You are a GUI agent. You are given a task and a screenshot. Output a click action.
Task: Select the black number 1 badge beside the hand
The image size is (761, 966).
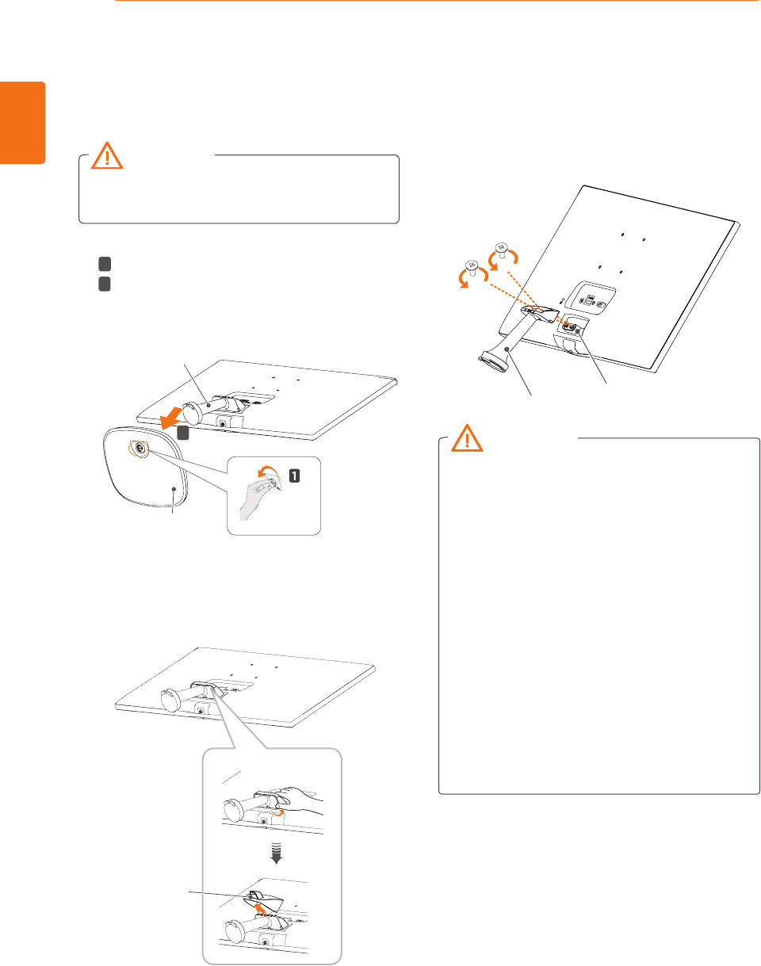296,476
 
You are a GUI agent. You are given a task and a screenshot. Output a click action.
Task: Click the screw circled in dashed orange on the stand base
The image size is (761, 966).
138,448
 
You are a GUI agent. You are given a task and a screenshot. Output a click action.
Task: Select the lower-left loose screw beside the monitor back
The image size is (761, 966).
472,266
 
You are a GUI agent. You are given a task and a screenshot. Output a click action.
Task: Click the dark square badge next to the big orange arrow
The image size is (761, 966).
182,433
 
